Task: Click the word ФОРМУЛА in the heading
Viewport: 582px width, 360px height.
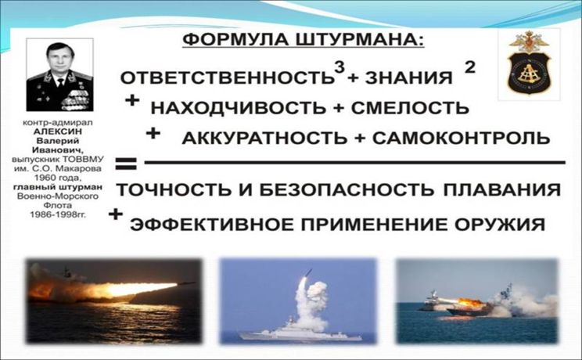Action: tap(235, 40)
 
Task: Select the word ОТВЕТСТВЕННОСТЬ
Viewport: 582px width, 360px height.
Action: tap(227, 77)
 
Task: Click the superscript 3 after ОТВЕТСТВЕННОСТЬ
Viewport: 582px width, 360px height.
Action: tap(339, 67)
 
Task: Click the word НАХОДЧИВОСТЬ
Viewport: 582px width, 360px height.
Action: tap(239, 108)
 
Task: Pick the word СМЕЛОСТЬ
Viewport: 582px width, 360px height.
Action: tap(410, 108)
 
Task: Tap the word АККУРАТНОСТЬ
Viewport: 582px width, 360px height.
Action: tap(264, 139)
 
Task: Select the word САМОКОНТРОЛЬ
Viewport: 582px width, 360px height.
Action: tap(461, 138)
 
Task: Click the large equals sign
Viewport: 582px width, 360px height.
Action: tap(126, 164)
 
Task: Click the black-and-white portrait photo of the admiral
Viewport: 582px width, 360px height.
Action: tap(59, 74)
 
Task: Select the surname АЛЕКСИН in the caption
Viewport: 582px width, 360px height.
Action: tap(58, 131)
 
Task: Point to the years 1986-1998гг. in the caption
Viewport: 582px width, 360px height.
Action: tap(58, 214)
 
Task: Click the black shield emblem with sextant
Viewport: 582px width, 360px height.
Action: tap(529, 73)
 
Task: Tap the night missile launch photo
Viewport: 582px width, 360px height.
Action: tap(114, 301)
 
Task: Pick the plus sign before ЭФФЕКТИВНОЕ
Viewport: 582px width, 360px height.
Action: tap(116, 214)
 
